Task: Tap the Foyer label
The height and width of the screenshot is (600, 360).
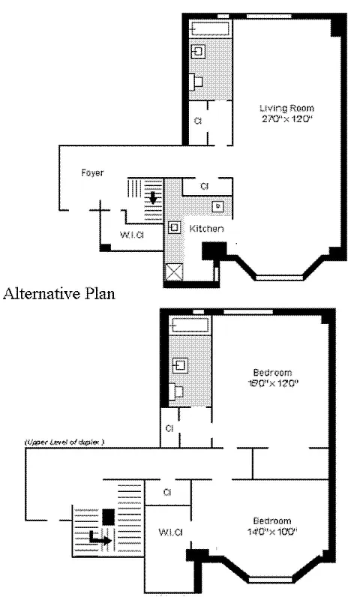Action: [92, 173]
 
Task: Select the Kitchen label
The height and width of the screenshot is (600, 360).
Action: [205, 228]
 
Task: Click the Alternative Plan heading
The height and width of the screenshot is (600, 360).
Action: [59, 294]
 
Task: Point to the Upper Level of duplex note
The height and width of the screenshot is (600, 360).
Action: [64, 442]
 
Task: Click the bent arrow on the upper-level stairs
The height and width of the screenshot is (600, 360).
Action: [98, 537]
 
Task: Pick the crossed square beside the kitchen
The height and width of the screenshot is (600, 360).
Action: [174, 274]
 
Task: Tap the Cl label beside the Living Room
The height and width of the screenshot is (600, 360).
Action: [198, 121]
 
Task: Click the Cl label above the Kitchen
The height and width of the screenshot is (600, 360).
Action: [204, 186]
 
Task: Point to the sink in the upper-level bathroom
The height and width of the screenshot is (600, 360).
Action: [180, 365]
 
